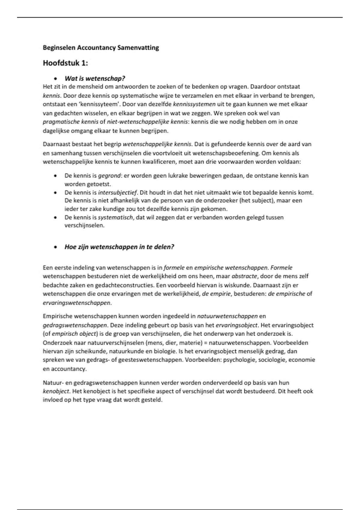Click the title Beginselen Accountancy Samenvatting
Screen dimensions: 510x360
pos(101,48)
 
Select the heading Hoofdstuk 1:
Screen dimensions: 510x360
pos(65,63)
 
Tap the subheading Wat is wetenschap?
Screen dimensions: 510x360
pos(95,79)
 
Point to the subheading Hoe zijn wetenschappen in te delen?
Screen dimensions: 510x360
pos(119,247)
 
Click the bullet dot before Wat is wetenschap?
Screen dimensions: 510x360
pos(55,79)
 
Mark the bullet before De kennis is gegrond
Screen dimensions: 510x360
pos(55,176)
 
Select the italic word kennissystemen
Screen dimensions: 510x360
pos(194,104)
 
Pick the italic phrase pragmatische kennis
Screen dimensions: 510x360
pos(70,122)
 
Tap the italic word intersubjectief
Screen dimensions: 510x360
pos(117,193)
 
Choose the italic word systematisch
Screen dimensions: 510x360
pos(115,217)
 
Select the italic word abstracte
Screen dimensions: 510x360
pos(244,276)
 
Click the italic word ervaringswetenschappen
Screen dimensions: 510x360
pos(76,303)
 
